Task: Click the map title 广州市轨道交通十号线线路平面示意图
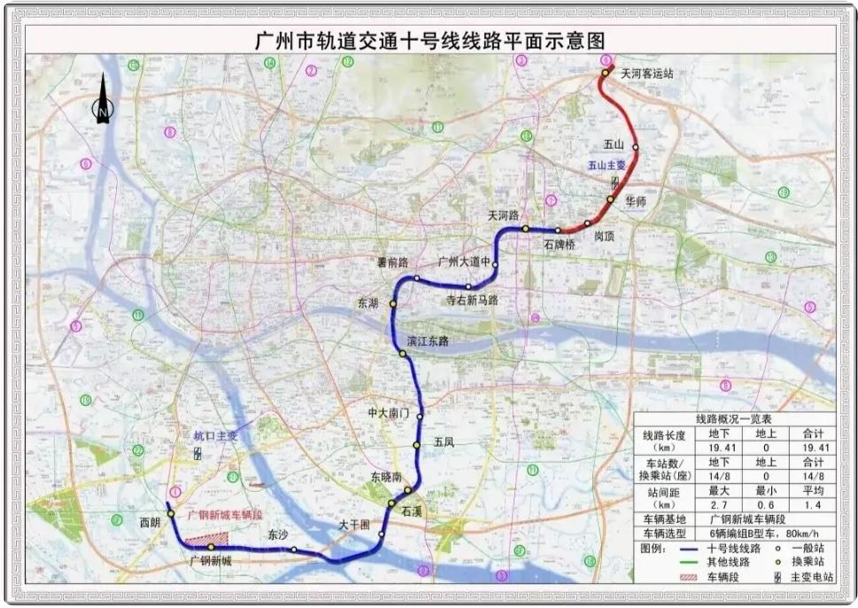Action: [429, 41]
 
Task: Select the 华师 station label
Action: [636, 202]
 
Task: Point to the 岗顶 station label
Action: [604, 236]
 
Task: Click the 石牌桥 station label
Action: [560, 243]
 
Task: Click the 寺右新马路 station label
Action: [471, 300]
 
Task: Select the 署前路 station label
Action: [390, 263]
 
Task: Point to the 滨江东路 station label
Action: [428, 341]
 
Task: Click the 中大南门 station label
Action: [389, 413]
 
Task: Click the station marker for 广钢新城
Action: [211, 547]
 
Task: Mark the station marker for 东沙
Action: [294, 550]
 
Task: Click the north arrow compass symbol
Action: [103, 99]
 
